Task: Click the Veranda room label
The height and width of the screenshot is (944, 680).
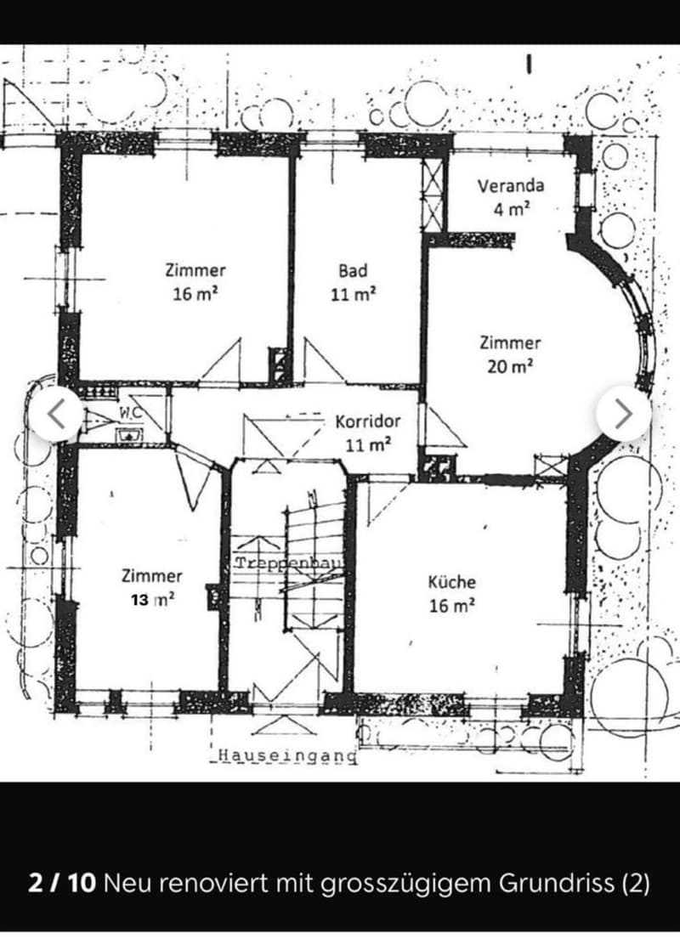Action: (511, 185)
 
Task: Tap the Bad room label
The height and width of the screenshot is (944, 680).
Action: (353, 270)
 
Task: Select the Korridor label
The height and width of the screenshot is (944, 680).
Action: (368, 421)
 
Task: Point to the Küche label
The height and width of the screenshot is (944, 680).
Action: (451, 582)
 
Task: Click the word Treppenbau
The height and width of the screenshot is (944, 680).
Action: (288, 563)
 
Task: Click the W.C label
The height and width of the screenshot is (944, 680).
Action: (130, 413)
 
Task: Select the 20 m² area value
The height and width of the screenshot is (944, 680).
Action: (510, 366)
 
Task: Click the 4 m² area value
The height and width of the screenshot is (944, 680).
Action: (512, 210)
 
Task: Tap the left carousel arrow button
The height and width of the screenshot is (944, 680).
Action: (56, 414)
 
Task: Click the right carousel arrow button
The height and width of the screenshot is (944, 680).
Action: (623, 414)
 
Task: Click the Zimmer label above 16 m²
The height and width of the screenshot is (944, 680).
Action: (195, 270)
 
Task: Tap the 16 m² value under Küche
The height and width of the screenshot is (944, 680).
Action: (451, 606)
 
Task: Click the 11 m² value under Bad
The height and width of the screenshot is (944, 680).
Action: (353, 294)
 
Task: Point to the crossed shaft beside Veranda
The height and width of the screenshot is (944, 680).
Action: (433, 195)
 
